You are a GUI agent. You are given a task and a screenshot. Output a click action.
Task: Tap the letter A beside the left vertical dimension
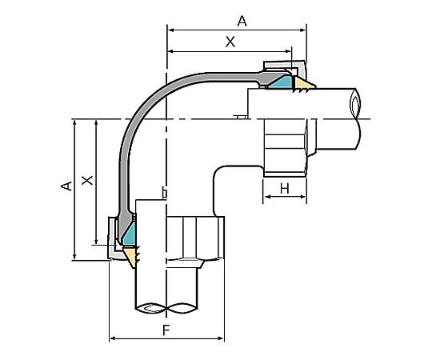(x=66, y=186)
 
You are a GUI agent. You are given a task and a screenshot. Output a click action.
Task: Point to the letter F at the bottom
(x=166, y=329)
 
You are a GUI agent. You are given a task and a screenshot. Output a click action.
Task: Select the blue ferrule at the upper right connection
(x=279, y=81)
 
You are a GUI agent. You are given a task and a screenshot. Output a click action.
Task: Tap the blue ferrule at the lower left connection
(x=127, y=233)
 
